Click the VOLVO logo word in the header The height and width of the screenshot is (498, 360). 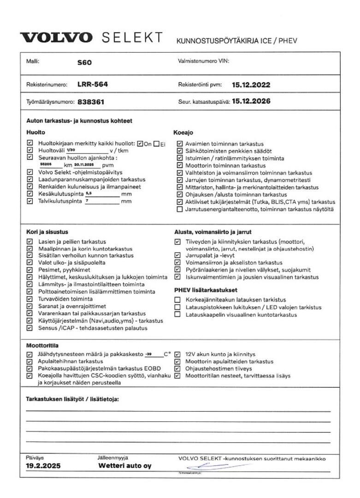[56, 38]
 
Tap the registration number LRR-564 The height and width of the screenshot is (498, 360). [93, 84]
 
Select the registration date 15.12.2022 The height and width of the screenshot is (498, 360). [251, 85]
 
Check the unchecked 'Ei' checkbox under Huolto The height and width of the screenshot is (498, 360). [157, 143]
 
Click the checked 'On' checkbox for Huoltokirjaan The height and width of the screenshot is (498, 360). [141, 143]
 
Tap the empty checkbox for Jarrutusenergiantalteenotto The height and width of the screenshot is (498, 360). [180, 209]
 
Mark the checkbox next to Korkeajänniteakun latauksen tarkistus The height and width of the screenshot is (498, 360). [177, 300]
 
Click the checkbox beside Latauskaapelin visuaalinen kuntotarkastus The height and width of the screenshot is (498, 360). [177, 314]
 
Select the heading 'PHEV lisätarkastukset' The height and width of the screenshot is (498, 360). [205, 290]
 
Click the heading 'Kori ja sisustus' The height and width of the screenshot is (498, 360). [47, 232]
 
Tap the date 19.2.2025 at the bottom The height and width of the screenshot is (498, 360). [43, 466]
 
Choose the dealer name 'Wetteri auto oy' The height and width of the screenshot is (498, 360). [124, 466]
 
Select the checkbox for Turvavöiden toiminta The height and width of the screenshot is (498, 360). [30, 299]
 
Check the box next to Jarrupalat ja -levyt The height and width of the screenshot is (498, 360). [177, 255]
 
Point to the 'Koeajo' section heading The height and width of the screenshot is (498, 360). [183, 132]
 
